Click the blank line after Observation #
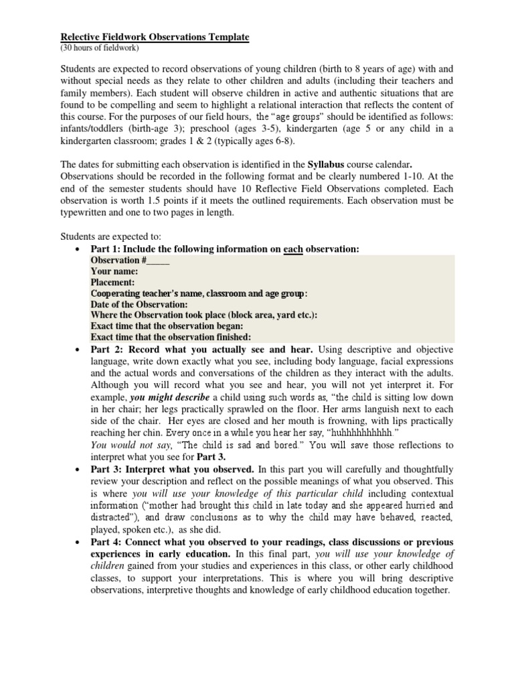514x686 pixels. (158, 261)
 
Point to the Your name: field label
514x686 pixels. (114, 271)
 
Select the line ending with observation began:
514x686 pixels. (162, 326)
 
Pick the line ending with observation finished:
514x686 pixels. (171, 336)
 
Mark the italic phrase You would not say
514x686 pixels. (131, 445)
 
